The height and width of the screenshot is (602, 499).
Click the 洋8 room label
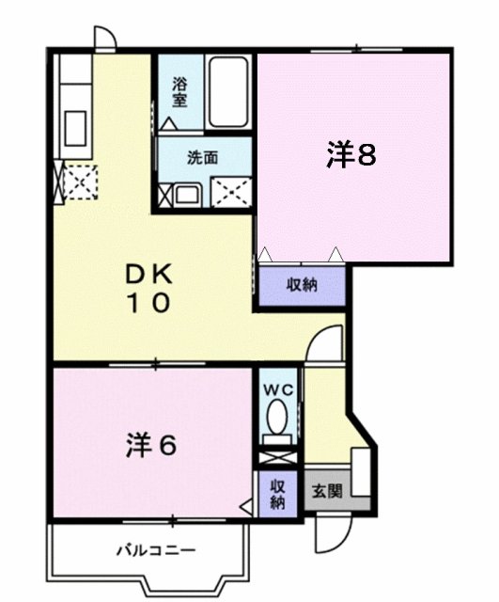pos(351,155)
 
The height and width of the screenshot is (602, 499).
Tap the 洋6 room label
pos(151,445)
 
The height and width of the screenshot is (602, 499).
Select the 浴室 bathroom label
pos(179,90)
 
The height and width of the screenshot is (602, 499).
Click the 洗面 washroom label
pos(202,158)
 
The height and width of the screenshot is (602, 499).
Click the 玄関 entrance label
pos(327,489)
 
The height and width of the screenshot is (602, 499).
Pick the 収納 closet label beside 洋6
pos(277,494)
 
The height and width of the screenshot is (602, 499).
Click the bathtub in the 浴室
pos(227,94)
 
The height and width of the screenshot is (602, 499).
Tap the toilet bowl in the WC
pos(277,416)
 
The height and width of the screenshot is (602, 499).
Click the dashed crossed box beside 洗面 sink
pos(231,191)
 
